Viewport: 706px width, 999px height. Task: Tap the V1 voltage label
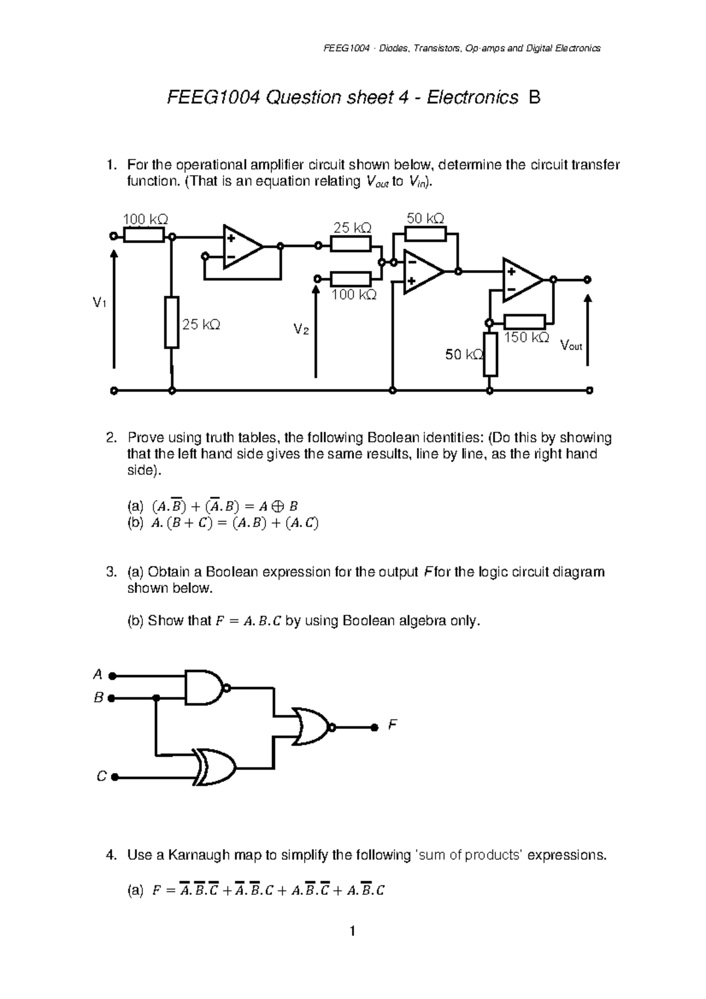click(x=99, y=303)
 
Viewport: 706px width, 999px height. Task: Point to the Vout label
click(x=571, y=346)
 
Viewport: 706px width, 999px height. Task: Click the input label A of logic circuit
click(x=98, y=674)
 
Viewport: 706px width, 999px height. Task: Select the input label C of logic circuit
click(x=101, y=777)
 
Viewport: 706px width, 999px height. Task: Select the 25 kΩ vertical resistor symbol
click(x=171, y=323)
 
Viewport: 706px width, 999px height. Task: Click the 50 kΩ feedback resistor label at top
click(x=425, y=218)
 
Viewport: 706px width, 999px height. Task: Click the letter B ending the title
click(x=534, y=98)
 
